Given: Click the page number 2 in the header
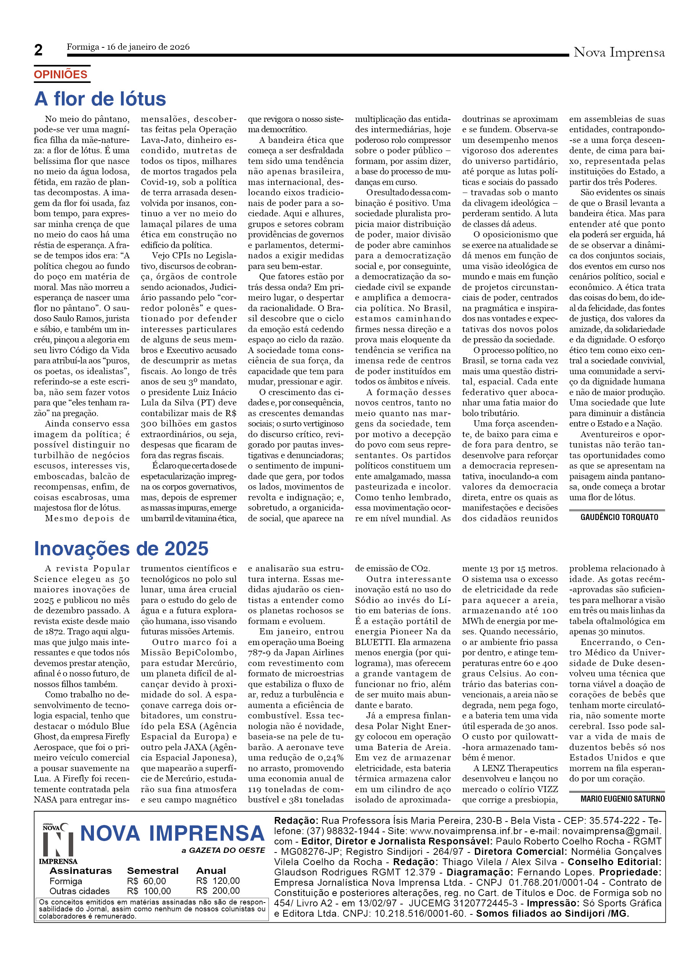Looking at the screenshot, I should coord(38,50).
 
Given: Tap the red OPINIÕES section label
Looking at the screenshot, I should coord(60,75).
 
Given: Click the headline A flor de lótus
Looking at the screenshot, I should coord(100,99).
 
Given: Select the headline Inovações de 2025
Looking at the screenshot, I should coord(121,549).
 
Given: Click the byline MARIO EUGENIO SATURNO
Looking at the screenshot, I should coord(622,799).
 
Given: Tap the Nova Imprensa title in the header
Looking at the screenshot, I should coord(619,52).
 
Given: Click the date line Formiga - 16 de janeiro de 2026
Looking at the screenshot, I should coord(128,47).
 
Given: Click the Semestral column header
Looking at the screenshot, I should coord(153,870).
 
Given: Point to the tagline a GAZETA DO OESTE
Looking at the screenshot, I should coord(223,850).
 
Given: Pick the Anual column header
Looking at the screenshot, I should coord(211,870).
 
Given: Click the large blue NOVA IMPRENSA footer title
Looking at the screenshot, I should coord(172,833).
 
